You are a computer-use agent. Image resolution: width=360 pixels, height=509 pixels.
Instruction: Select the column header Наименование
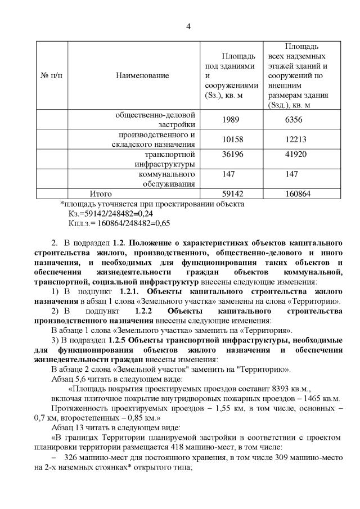pos(142,75)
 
